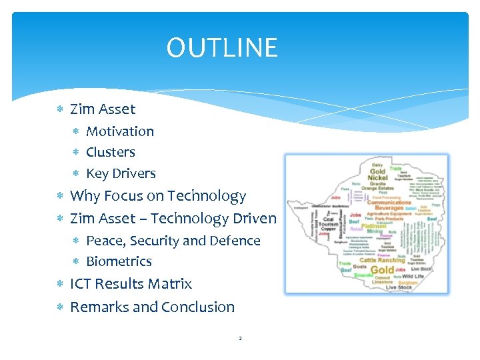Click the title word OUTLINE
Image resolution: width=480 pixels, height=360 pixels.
[222, 48]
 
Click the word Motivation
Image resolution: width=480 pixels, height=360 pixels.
[120, 131]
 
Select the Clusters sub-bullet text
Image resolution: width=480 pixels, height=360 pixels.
[111, 152]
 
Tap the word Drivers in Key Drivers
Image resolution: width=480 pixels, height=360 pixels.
[133, 173]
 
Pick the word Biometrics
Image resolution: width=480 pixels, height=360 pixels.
[119, 261]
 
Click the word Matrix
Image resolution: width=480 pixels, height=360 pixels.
[170, 284]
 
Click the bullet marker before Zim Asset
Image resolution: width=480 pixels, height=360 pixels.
[61, 109]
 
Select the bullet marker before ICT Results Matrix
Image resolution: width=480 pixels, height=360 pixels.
[61, 284]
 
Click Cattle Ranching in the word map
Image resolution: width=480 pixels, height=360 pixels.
[383, 260]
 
